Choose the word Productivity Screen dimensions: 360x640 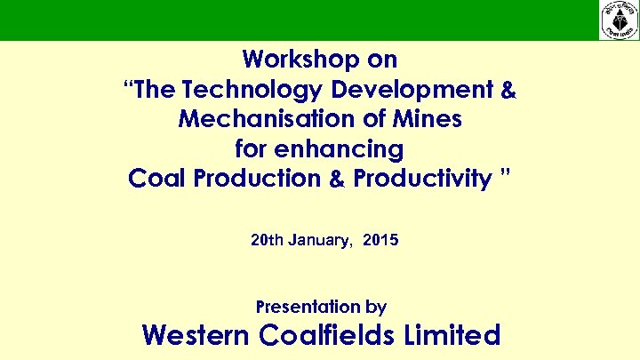coord(421,179)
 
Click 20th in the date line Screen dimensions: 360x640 coord(268,239)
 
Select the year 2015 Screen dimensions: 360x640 coord(381,239)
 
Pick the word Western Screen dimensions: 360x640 coord(196,335)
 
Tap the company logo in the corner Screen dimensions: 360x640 coord(619,20)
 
